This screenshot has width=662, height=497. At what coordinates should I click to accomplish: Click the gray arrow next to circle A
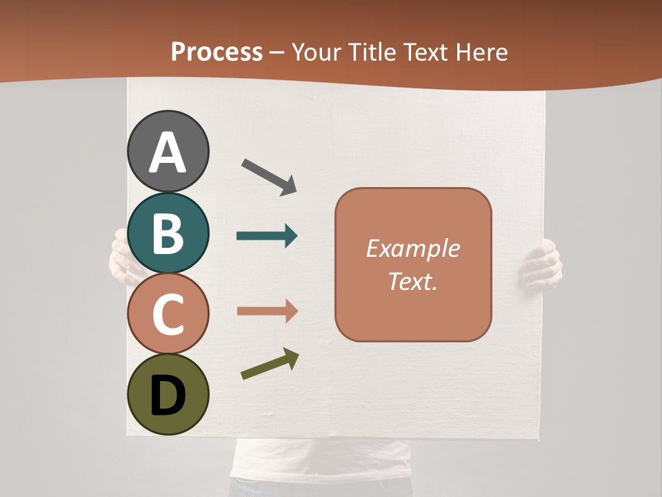click(x=269, y=177)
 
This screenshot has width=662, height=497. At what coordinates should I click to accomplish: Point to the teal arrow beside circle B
click(x=267, y=236)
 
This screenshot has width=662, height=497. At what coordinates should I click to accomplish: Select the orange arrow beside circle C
click(x=267, y=311)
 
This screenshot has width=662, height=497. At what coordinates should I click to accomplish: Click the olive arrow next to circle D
click(x=270, y=364)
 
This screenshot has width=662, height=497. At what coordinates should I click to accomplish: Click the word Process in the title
click(x=217, y=52)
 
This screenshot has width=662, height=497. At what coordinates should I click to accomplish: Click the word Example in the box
click(x=413, y=248)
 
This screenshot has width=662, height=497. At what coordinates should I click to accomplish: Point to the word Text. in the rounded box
click(x=413, y=281)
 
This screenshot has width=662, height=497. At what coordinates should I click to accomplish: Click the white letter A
click(x=168, y=153)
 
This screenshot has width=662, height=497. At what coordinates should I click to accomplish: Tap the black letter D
click(x=168, y=396)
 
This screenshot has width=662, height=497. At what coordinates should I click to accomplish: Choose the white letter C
click(x=168, y=314)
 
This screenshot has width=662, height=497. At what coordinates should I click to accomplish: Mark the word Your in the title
click(x=315, y=52)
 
